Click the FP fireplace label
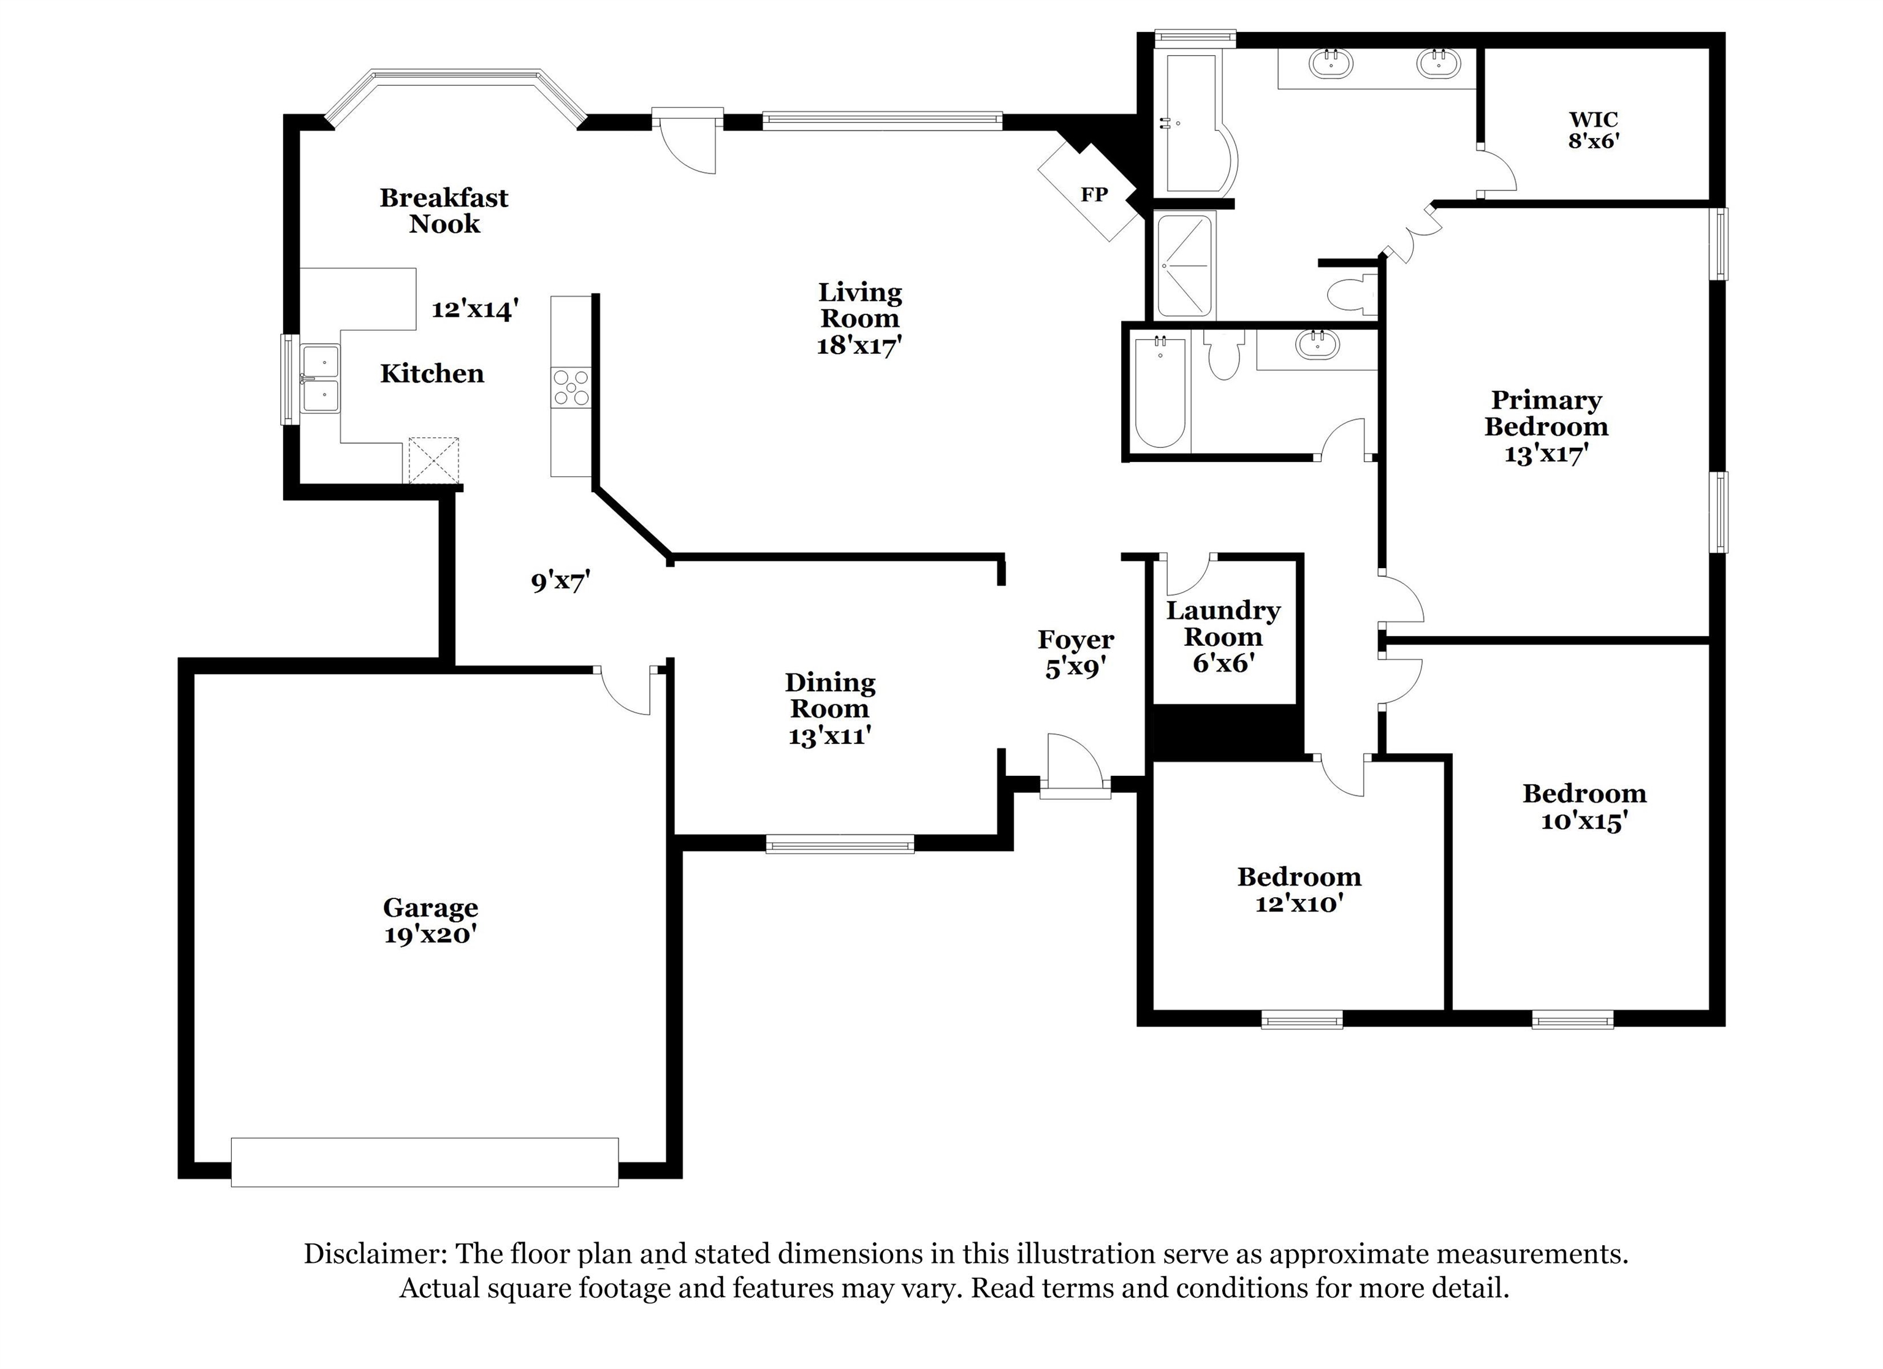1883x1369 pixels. point(1094,194)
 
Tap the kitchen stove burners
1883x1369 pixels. point(571,388)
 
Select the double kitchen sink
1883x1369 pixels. point(321,379)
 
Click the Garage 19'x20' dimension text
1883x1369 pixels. point(430,935)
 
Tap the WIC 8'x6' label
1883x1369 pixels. point(1593,131)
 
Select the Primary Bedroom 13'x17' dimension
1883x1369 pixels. point(1546,453)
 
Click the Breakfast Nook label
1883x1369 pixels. point(444,210)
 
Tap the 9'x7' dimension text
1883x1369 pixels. point(560,581)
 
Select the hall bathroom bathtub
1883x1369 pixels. point(1159,391)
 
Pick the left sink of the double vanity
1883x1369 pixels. point(1331,63)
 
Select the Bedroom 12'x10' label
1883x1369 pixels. point(1298,889)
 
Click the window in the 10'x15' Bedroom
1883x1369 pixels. point(1572,1020)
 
